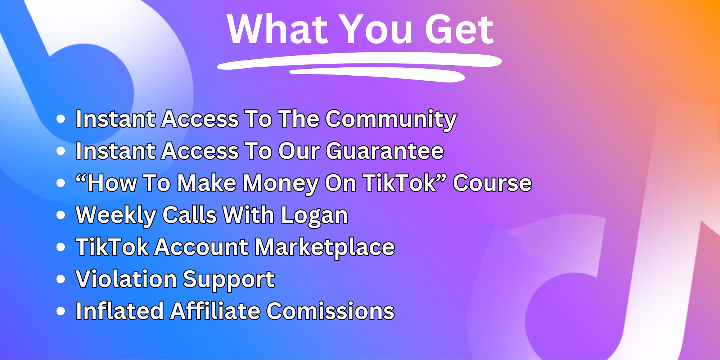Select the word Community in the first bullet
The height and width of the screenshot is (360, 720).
(x=391, y=120)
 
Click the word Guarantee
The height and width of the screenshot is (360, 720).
(x=385, y=151)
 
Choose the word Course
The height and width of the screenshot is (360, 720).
(x=492, y=183)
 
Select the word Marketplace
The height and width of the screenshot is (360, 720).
(x=325, y=248)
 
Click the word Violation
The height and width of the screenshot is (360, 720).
(x=126, y=279)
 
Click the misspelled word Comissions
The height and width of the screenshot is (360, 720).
(x=330, y=311)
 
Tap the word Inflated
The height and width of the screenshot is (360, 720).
(x=120, y=311)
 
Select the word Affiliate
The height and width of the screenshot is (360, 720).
(x=215, y=311)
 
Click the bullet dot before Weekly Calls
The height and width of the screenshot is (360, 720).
(x=61, y=215)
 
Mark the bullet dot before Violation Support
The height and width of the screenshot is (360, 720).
(x=61, y=279)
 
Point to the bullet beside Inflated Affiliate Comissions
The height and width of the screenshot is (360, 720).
(x=61, y=311)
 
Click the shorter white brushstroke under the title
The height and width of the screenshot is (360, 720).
(x=377, y=75)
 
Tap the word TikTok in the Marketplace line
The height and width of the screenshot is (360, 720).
(x=112, y=247)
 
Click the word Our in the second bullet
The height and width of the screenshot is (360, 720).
(x=299, y=151)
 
